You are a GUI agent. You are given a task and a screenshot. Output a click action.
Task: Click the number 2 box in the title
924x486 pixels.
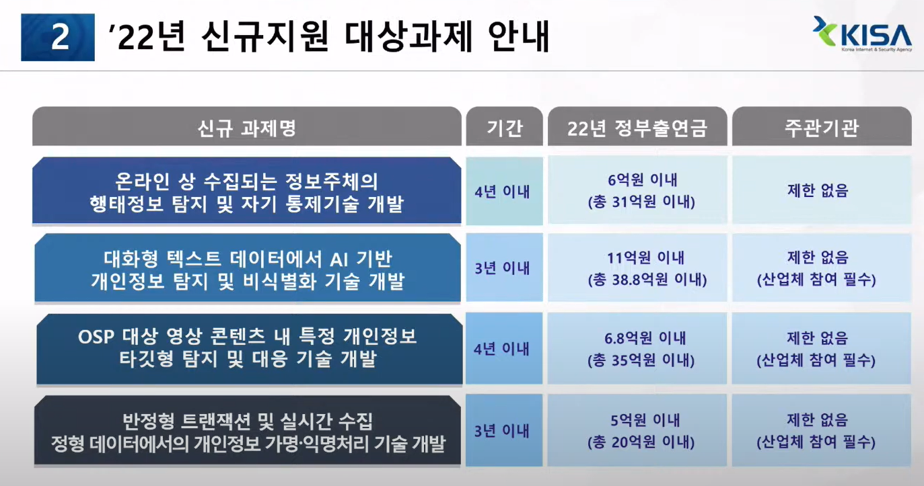tap(58, 38)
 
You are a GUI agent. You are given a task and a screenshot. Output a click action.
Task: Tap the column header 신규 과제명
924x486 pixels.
tap(247, 127)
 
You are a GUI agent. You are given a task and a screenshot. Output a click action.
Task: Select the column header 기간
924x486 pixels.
tap(504, 127)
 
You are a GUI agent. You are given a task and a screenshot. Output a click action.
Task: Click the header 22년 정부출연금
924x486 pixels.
tap(637, 127)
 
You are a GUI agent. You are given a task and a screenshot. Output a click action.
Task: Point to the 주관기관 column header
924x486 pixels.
tap(821, 127)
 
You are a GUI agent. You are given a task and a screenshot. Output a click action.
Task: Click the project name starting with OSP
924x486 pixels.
tap(247, 348)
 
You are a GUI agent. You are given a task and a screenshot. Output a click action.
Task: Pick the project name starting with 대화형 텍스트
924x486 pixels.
tap(247, 269)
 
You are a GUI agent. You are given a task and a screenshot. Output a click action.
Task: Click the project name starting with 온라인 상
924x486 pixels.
tap(247, 192)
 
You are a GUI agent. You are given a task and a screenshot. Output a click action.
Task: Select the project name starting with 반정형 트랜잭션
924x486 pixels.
tap(247, 432)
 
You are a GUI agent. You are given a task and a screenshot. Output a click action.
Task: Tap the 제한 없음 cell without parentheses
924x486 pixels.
tap(817, 191)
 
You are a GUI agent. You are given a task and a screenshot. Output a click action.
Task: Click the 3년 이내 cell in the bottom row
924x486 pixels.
tap(502, 431)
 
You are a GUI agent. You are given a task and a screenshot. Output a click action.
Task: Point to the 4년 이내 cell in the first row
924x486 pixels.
tap(502, 192)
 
